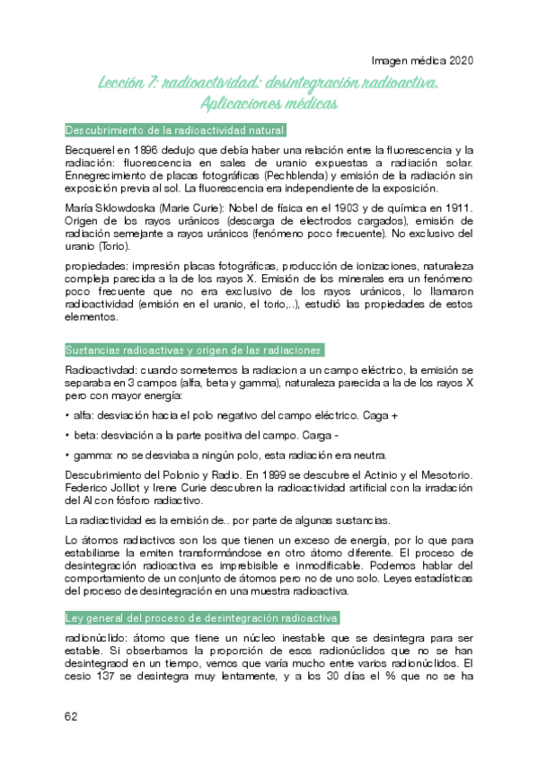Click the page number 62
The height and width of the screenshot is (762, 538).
point(73,716)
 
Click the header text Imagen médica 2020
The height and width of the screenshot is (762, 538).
point(421,62)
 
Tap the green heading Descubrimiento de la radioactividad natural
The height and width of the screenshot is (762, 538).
point(176,129)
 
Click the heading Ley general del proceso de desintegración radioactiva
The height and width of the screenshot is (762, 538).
point(202,620)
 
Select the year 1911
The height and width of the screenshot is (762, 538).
point(456,208)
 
